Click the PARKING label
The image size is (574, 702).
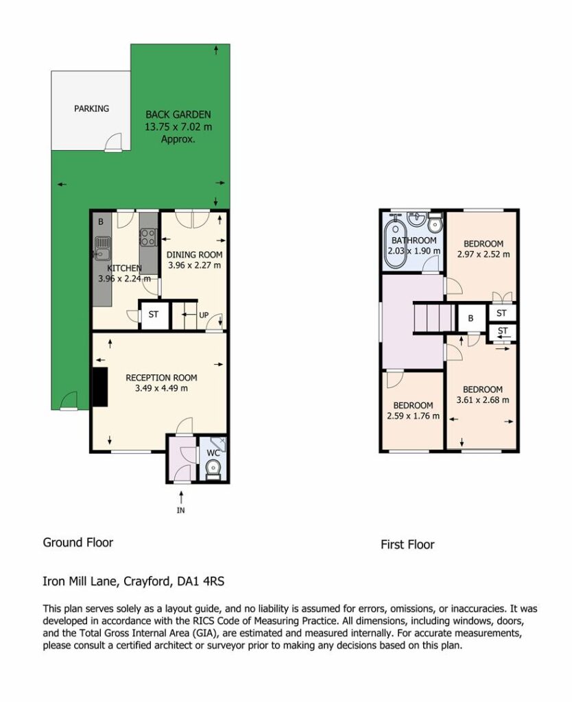(91, 108)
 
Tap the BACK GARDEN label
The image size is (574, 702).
(178, 114)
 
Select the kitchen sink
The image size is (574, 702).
(102, 248)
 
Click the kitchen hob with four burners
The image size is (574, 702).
(148, 237)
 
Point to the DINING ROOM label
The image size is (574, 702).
(194, 255)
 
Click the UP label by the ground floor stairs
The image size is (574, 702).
(204, 315)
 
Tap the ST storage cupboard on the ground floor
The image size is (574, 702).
(154, 315)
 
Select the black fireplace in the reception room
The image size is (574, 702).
(100, 387)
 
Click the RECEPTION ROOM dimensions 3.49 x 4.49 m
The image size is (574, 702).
(161, 388)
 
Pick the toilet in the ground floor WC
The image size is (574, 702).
(213, 470)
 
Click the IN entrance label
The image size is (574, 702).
(181, 510)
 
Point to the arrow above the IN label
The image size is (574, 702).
(181, 496)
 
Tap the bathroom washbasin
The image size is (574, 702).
(417, 219)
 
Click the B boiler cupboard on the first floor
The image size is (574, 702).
(470, 318)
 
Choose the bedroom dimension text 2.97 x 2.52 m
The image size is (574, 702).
(483, 254)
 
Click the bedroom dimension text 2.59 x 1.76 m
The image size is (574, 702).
(414, 416)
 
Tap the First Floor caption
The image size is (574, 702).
(407, 544)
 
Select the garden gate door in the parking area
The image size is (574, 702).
(114, 143)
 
